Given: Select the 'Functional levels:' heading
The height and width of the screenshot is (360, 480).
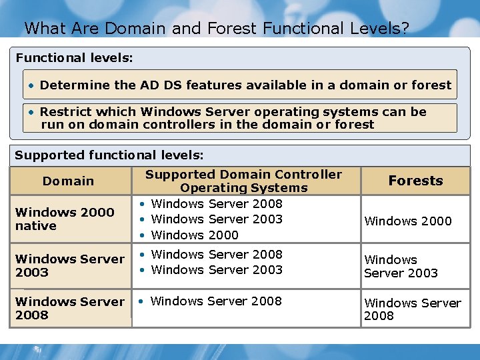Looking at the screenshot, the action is pos(74,58).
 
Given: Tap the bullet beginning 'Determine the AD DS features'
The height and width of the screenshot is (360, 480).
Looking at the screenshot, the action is pos(240,85).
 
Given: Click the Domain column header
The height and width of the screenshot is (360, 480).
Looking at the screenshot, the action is pos(68,181).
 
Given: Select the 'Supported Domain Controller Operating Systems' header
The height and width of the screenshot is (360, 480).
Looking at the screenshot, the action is pos(243,181).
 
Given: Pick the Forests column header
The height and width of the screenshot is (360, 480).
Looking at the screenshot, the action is pos(415,181).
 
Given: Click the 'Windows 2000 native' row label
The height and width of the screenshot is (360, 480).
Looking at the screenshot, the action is pos(65,219).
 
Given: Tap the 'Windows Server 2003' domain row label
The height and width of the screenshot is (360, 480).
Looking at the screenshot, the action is pos(69,265).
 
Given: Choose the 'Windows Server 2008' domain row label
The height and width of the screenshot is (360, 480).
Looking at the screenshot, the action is pos(69,308).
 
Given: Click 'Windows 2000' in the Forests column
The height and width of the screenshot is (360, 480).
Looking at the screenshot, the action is pos(408,221).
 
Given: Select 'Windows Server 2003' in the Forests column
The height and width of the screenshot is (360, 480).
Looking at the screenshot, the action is pos(401,266).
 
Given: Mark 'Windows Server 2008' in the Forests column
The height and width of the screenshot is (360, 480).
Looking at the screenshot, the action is pos(412,309).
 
